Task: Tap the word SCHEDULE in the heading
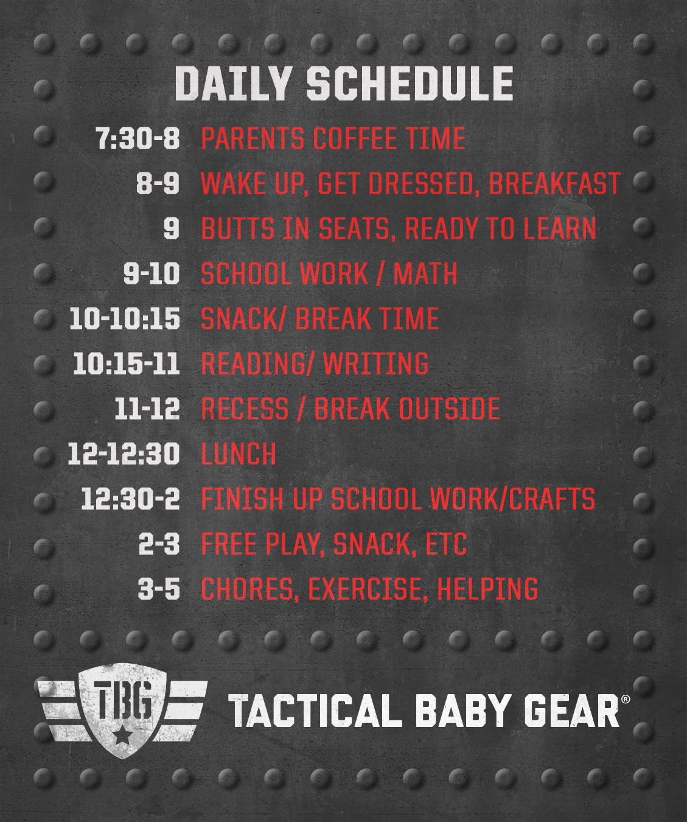coord(410,83)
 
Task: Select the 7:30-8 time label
coord(138,138)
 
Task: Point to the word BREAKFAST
coord(554,183)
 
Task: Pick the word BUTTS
coord(238,229)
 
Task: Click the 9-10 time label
coord(152,273)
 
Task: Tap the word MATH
coord(425,273)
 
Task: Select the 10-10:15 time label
coord(125,318)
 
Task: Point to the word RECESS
coord(245,409)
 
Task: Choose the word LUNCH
coord(239,454)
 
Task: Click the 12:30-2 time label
coord(130,499)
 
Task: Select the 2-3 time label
coord(159,544)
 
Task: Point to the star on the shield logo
coord(122,736)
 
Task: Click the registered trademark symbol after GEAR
coord(625,699)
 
